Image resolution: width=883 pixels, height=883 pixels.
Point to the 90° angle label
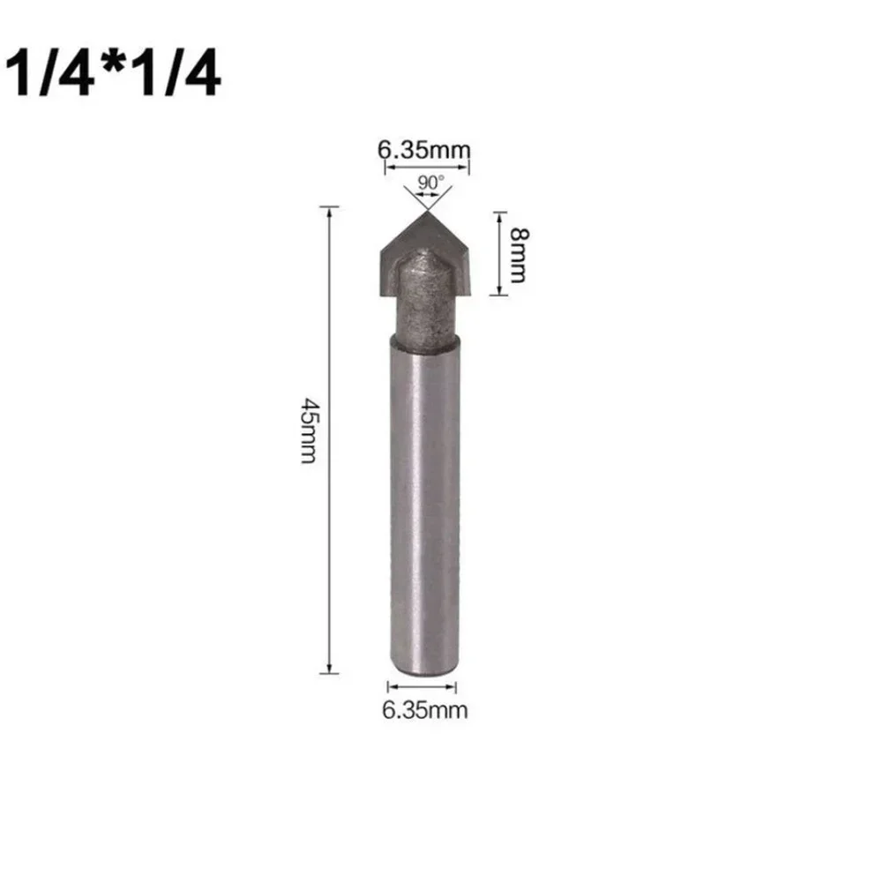(x=430, y=183)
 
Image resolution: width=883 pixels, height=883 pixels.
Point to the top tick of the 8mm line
(x=499, y=212)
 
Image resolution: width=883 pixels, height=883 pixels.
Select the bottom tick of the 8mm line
(x=499, y=295)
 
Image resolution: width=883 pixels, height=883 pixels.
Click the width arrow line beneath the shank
(x=423, y=687)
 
